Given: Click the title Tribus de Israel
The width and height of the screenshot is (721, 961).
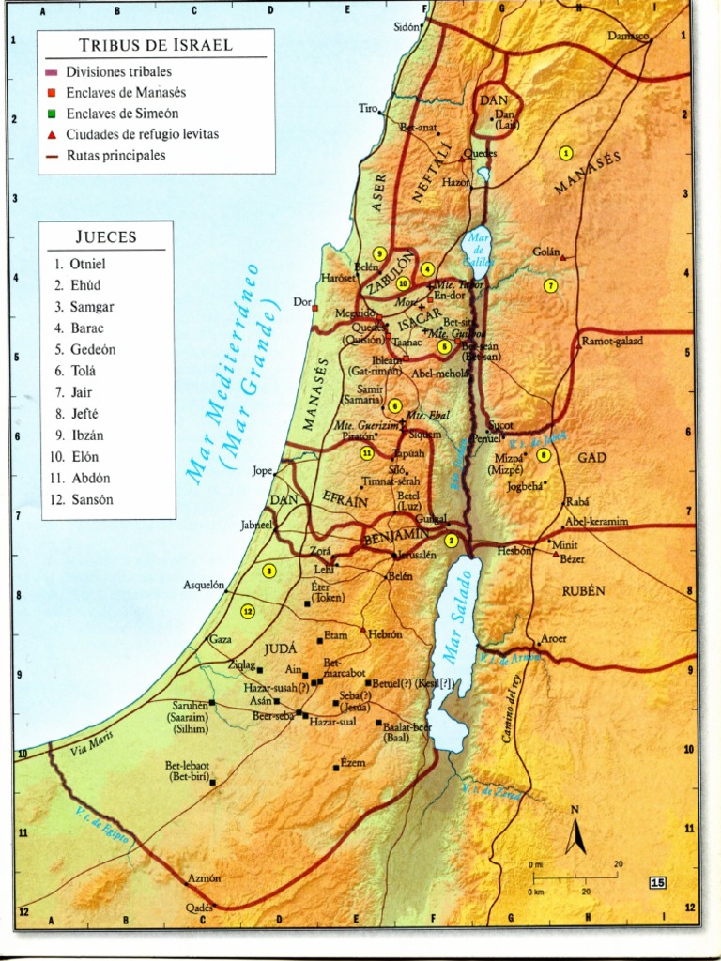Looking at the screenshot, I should (x=156, y=44).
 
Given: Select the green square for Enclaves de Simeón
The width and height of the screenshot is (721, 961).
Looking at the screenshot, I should (x=52, y=114).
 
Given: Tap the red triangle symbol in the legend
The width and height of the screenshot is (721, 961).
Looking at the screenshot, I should (x=52, y=134).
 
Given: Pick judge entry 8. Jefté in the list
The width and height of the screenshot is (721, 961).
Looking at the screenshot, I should (x=84, y=414).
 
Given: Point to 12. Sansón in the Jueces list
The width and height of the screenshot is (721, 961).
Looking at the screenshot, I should (x=84, y=499).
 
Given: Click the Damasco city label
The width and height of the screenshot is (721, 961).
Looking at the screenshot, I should (x=628, y=36).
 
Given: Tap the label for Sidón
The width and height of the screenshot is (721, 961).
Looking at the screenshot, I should (x=406, y=27).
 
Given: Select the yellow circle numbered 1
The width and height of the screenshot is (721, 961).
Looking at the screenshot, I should (x=565, y=152).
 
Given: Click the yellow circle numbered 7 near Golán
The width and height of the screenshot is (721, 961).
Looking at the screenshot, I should (x=551, y=285).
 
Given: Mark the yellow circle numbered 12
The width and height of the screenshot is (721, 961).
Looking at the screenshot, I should (x=248, y=611).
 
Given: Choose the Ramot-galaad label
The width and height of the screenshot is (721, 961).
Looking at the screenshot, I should (x=612, y=341).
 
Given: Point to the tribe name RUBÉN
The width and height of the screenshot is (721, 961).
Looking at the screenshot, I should (x=583, y=591).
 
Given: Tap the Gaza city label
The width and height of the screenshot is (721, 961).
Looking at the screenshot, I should (x=221, y=639).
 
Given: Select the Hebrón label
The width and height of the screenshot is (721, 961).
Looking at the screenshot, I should (x=386, y=634).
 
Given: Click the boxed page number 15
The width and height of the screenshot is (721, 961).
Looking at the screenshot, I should (x=657, y=882).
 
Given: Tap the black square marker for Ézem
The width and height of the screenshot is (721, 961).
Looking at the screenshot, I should (x=336, y=768).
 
